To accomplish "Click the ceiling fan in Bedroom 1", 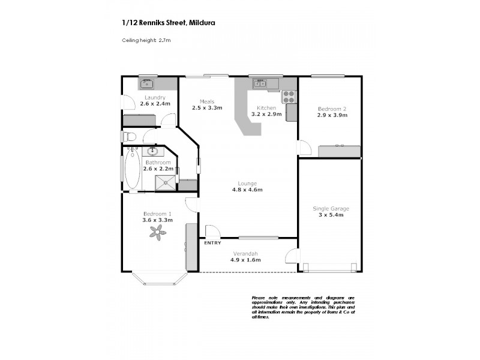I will point(157,236).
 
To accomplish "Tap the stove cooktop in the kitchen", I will point(289,97).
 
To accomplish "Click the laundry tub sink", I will point(146,84).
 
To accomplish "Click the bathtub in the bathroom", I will point(132,169).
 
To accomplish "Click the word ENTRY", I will point(212,242).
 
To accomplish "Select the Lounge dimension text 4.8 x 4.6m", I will point(247,190).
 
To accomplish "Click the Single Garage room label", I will point(331,209).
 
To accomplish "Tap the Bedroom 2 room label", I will point(332,109).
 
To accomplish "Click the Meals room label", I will point(207,101).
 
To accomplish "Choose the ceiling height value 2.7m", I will point(166,40).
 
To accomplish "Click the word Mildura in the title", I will point(202,22).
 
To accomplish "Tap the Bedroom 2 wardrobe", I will point(340,151).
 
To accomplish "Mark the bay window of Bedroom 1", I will point(157,278).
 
